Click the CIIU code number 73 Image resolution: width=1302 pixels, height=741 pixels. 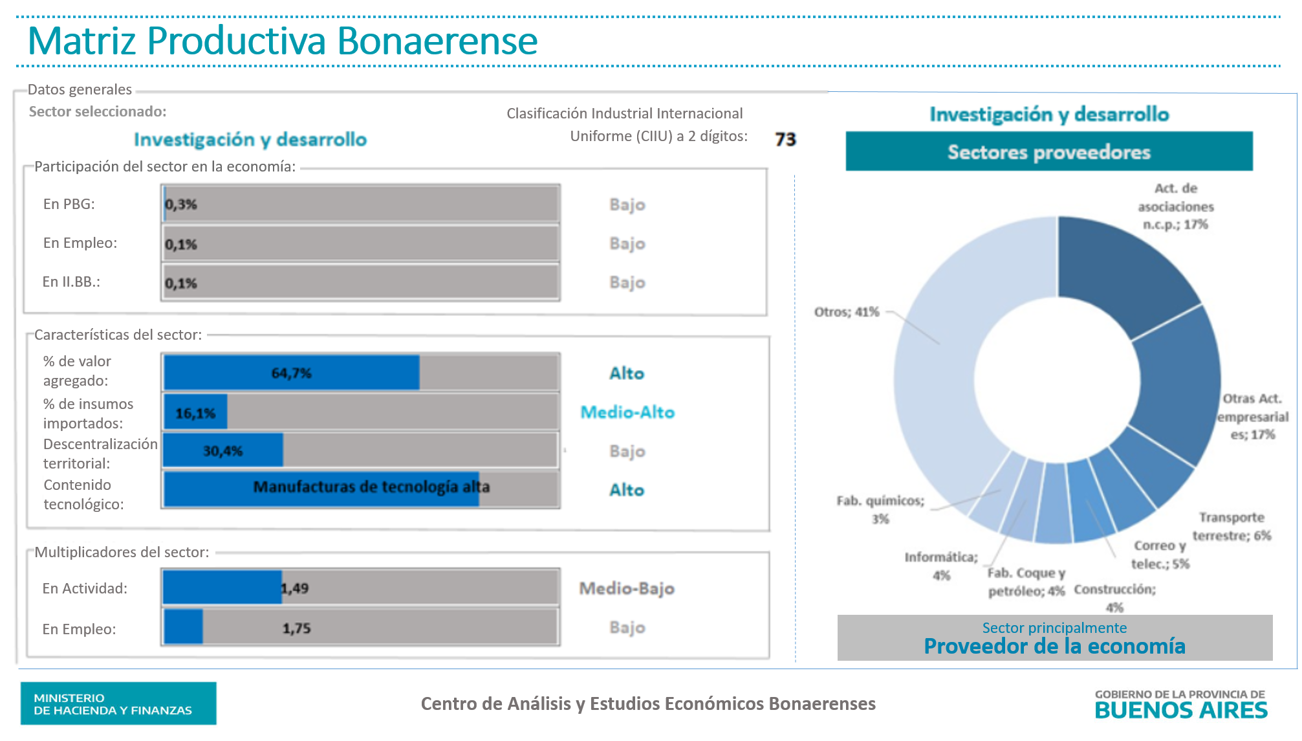click(785, 139)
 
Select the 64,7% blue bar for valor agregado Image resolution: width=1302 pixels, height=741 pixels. click(291, 373)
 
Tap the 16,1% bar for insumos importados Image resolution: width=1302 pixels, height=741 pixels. click(195, 412)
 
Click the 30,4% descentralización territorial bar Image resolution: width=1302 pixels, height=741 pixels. click(222, 450)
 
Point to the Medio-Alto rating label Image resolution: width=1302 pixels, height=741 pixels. click(627, 412)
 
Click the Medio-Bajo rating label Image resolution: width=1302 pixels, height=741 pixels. click(626, 588)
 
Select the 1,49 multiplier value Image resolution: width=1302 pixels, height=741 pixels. click(295, 588)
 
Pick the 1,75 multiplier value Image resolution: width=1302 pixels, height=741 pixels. click(296, 628)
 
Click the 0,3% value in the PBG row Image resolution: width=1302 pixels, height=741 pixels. click(181, 205)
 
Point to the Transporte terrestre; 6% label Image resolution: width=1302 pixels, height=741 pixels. click(1231, 526)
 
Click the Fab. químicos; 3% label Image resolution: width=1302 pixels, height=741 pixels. click(880, 509)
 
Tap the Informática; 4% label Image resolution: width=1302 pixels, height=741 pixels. click(941, 566)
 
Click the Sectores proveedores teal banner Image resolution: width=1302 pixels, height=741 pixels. click(1048, 152)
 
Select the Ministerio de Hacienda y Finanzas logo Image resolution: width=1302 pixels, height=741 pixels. click(118, 703)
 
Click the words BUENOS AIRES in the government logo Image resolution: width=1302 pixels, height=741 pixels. click(1180, 711)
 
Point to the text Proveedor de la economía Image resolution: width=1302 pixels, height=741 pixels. click(1054, 647)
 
